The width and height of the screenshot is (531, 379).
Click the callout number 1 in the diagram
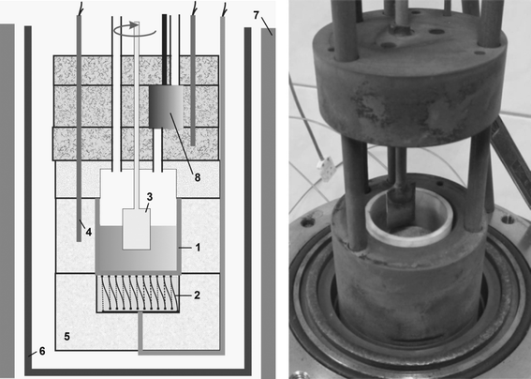(x=198, y=248)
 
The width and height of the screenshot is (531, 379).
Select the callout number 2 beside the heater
(x=197, y=296)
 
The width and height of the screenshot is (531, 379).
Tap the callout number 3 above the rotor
(x=149, y=197)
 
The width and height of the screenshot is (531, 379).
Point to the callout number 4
(x=88, y=232)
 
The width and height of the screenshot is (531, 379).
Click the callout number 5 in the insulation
(x=67, y=336)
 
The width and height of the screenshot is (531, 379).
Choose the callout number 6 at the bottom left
(x=42, y=351)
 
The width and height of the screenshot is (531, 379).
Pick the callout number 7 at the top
(x=256, y=15)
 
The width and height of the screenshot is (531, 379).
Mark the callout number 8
(x=197, y=177)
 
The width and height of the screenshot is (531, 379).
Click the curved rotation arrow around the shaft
(x=135, y=30)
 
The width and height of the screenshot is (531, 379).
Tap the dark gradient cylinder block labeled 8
(x=166, y=107)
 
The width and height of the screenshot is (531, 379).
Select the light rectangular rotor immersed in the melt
(x=137, y=229)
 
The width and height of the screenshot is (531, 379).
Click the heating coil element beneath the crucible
(x=138, y=294)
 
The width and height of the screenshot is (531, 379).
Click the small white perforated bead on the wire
(x=326, y=169)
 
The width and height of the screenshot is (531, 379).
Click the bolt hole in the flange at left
(x=307, y=222)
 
